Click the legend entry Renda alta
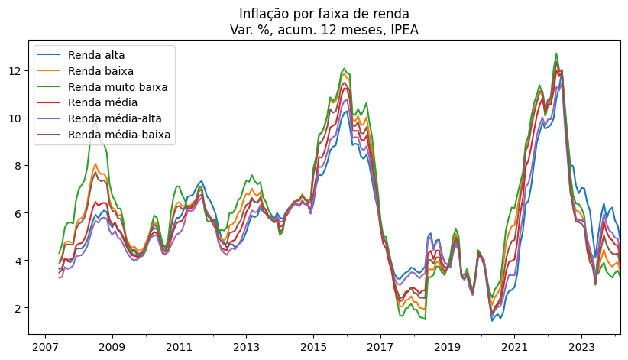tap(96, 55)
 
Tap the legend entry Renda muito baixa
tap(117, 87)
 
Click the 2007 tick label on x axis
tap(45, 345)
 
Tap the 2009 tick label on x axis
tap(112, 345)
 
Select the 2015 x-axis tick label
tap(313, 345)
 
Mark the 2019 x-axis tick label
tap(447, 345)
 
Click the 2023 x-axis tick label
tap(581, 345)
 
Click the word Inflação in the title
tap(264, 14)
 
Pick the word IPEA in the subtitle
tap(403, 30)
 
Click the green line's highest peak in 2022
tap(556, 54)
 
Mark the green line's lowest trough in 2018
tap(425, 319)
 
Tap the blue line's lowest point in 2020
tap(492, 320)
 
